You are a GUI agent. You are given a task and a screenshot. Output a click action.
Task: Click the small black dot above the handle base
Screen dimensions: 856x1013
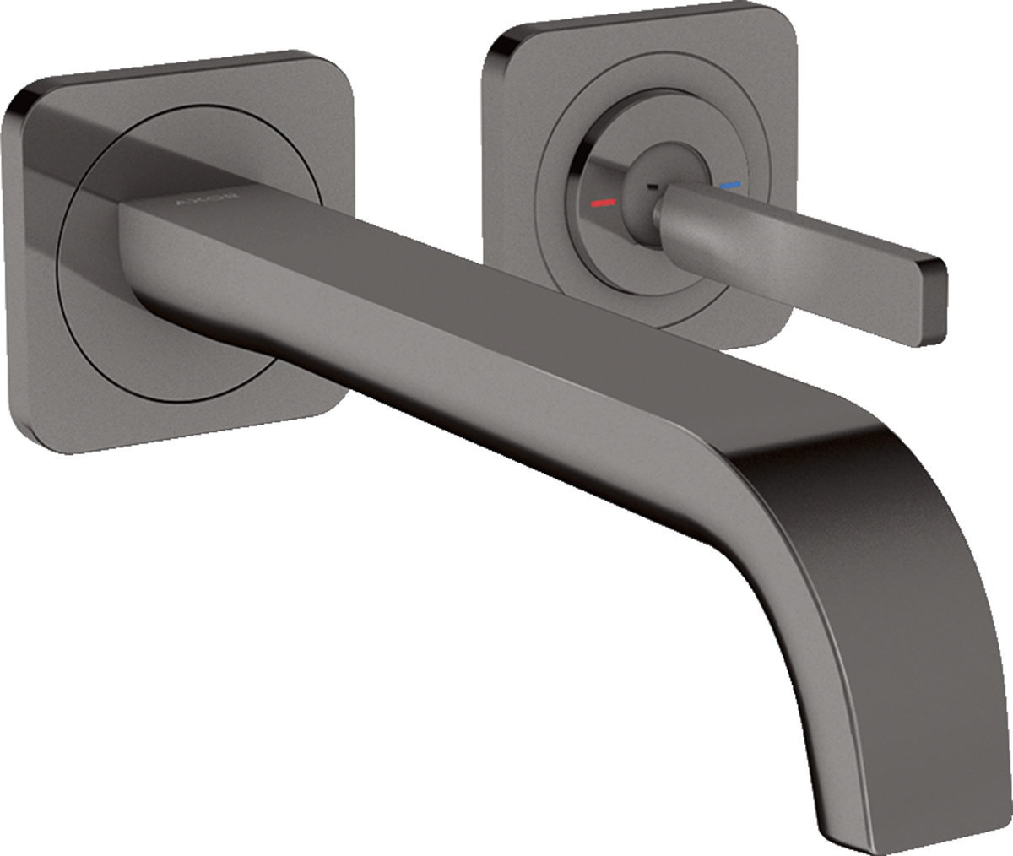(652, 163)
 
